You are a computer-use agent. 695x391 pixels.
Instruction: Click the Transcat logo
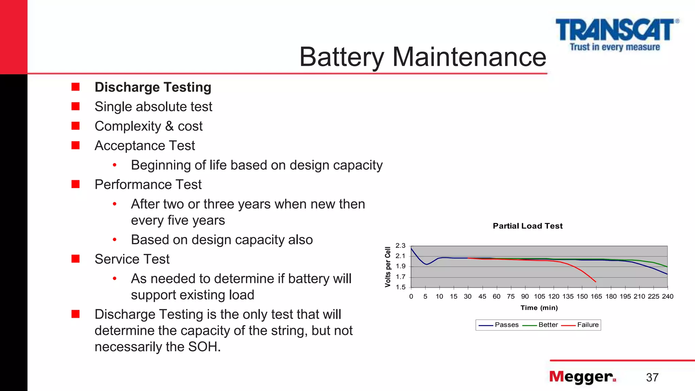[616, 34]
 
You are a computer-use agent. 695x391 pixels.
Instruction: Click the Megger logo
[582, 377]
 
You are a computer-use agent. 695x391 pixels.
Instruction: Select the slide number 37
[652, 377]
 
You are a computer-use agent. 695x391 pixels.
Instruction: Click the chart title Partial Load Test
[528, 226]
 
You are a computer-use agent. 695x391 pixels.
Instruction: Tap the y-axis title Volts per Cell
[388, 267]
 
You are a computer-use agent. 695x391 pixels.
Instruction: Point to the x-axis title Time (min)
[539, 308]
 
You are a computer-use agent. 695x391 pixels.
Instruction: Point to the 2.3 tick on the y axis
[400, 246]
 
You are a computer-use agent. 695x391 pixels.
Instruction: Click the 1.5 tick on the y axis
[400, 287]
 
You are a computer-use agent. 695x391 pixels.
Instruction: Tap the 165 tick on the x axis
[596, 296]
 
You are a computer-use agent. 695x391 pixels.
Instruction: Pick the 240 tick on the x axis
[668, 296]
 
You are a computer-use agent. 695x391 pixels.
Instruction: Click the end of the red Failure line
[596, 282]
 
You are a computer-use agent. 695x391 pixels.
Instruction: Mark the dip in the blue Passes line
[426, 264]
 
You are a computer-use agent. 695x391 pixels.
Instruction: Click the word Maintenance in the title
[469, 57]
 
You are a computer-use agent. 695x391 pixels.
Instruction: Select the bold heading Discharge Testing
[153, 87]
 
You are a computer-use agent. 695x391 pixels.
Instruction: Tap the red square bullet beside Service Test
[75, 259]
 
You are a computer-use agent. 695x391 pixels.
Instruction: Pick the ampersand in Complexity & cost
[169, 126]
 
